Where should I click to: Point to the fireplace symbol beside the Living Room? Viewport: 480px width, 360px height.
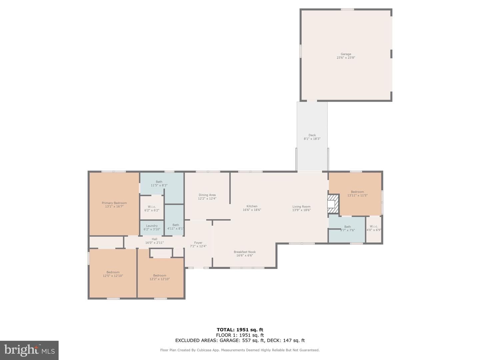click(333, 204)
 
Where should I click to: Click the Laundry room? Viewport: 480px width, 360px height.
click(152, 228)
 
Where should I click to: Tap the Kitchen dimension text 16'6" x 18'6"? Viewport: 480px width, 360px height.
click(252, 210)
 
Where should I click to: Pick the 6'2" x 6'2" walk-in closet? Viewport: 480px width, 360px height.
click(152, 207)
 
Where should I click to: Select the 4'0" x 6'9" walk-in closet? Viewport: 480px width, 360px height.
click(374, 230)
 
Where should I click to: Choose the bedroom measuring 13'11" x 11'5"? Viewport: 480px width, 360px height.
click(357, 194)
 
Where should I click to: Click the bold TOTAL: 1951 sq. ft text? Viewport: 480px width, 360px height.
click(240, 330)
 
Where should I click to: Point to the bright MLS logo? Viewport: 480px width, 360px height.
click(29, 350)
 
